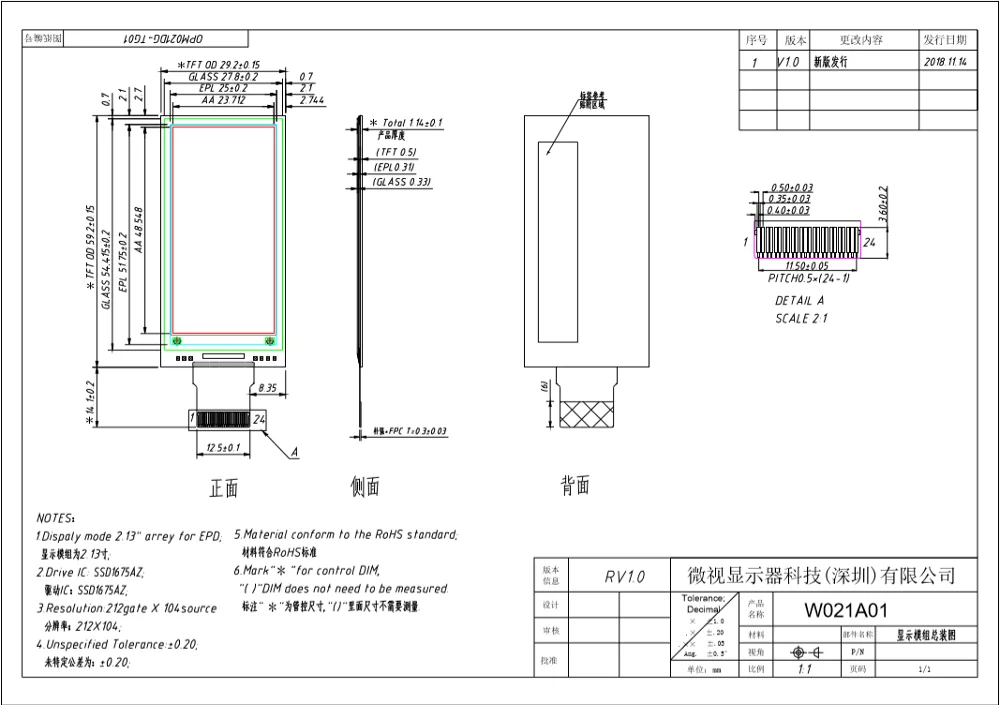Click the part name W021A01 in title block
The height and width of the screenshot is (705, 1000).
coord(847,610)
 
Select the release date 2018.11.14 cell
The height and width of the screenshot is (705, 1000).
coord(945,62)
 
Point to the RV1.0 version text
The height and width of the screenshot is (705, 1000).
coord(625,577)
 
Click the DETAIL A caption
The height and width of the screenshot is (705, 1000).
coord(799,301)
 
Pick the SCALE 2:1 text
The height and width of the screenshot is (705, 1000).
coord(802,319)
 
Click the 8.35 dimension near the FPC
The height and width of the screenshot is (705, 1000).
coord(268,386)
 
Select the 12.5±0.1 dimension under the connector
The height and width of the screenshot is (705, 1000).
coord(223,447)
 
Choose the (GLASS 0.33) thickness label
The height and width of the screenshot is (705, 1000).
coord(402,182)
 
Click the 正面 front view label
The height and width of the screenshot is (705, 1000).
coord(224,488)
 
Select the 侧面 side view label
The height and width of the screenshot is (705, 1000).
coord(365,488)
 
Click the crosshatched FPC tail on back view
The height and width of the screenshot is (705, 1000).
coord(589,414)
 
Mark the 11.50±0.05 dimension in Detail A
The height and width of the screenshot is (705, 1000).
coord(806,267)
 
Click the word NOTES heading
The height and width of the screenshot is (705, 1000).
coord(55,518)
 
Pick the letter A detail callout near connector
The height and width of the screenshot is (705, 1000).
coord(294,453)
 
